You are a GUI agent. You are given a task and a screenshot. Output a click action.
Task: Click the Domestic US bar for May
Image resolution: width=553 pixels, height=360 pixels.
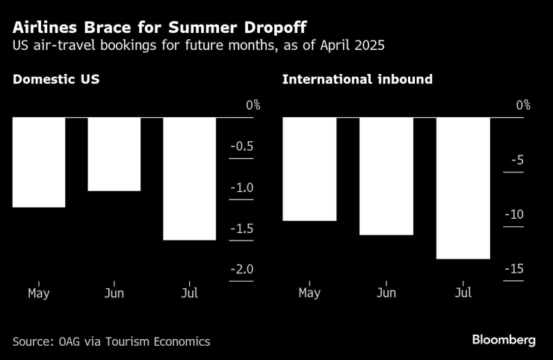click(38, 162)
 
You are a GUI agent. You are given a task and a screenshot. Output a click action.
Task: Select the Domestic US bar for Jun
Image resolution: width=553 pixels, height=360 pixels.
click(114, 154)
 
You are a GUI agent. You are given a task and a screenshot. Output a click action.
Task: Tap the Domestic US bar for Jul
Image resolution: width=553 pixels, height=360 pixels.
click(189, 179)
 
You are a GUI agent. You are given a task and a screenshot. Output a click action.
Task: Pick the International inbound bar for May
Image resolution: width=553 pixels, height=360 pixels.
click(309, 169)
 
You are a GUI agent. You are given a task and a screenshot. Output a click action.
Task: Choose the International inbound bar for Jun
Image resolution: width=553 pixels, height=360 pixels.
click(386, 176)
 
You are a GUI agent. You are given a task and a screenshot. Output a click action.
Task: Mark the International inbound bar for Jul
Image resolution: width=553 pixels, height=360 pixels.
click(463, 188)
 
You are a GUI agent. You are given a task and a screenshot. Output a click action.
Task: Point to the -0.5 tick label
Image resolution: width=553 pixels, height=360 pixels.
click(240, 146)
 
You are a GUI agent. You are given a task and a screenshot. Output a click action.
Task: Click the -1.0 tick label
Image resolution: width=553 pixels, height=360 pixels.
click(240, 187)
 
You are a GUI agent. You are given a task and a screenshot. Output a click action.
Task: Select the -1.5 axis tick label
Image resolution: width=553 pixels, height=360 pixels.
click(240, 229)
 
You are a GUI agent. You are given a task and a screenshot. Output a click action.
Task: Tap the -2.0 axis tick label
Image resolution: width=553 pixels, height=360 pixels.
click(240, 270)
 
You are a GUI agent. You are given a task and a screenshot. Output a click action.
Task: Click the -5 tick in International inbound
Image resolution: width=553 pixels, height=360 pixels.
click(518, 160)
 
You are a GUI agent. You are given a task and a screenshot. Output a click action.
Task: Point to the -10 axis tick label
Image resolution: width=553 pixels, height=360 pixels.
click(514, 215)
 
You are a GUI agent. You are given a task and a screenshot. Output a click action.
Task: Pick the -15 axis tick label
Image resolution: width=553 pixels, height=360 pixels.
click(514, 270)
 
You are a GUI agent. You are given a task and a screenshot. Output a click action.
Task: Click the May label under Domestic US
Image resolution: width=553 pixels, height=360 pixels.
click(38, 293)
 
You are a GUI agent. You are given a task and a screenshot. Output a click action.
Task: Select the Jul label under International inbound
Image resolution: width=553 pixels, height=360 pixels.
click(463, 293)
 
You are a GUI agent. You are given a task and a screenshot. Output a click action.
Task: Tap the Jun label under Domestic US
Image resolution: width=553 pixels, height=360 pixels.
click(114, 293)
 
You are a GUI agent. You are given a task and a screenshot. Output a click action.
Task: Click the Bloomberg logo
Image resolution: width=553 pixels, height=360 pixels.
click(504, 340)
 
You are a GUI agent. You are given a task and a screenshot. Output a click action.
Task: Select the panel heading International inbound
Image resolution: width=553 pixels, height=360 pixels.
click(357, 78)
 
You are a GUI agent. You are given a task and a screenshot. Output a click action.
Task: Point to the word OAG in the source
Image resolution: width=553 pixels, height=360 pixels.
click(68, 341)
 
